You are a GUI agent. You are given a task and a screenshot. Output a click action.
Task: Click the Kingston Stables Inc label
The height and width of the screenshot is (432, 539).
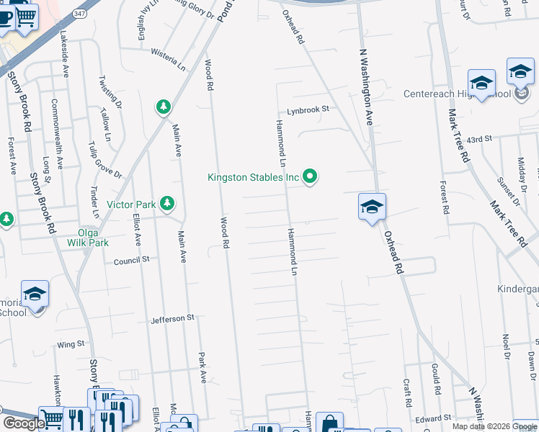253,176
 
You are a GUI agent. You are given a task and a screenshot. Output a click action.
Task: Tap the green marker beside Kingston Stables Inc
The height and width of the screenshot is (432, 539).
311,176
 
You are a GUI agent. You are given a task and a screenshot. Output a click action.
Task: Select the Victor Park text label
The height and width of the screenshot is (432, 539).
131,204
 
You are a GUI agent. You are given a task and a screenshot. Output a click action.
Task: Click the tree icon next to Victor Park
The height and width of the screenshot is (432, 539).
167,204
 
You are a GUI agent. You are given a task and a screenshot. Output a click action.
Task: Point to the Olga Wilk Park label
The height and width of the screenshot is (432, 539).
94,238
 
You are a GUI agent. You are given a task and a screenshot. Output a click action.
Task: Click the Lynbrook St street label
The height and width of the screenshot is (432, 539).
308,109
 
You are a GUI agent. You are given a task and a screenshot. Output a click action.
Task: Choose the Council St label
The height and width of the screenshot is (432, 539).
131,260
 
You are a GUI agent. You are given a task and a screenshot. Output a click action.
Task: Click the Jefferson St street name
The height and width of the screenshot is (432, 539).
173,318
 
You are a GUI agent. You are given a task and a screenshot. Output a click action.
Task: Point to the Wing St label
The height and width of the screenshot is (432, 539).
71,345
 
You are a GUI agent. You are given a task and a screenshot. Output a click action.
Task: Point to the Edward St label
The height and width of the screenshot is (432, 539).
432,418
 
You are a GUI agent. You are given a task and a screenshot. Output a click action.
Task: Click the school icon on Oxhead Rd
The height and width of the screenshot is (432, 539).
372,207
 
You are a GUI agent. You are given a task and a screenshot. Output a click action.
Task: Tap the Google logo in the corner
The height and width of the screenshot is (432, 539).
23,423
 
